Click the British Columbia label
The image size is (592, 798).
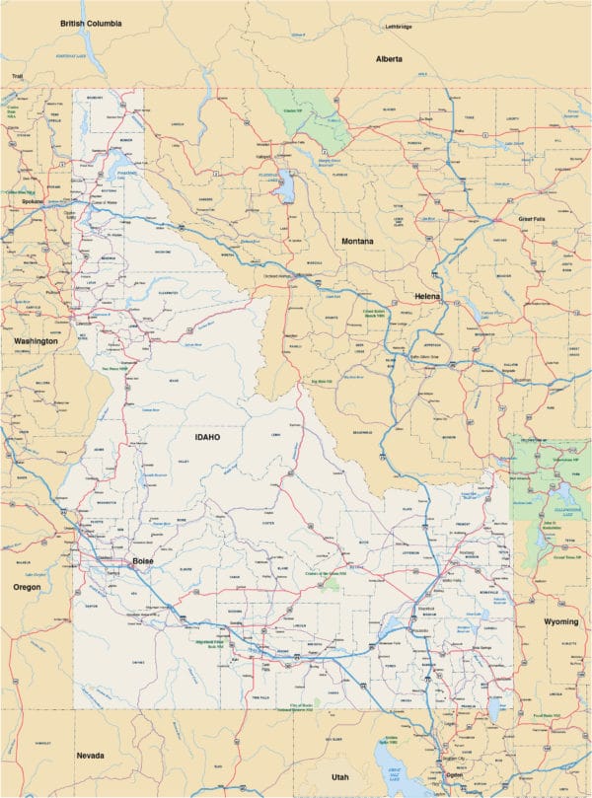[x=91, y=22]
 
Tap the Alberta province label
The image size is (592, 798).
[x=390, y=59]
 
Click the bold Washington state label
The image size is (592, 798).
[x=36, y=341]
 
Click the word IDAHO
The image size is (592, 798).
[x=207, y=436]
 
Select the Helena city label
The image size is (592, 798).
[x=427, y=296]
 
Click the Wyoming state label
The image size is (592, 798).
[x=561, y=622]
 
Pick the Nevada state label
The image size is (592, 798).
[x=91, y=756]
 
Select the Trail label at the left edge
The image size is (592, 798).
[x=16, y=76]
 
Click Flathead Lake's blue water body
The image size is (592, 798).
[x=286, y=184]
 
